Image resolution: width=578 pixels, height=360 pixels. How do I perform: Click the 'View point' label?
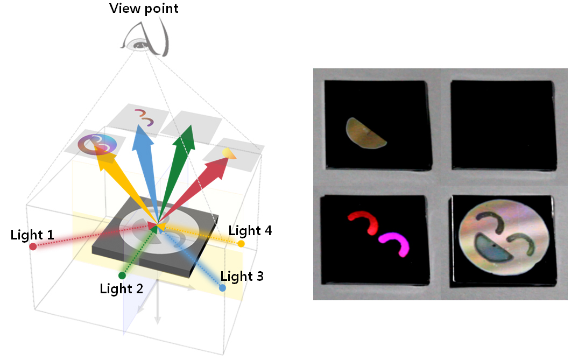[144, 9]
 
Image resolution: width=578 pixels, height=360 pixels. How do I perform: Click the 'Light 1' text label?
[32, 235]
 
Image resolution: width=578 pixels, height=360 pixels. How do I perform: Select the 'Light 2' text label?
[121, 288]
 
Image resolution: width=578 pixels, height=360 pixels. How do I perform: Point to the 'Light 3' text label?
[242, 277]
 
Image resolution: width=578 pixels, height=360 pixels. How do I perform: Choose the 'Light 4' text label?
[250, 231]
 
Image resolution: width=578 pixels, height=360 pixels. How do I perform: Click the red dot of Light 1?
[33, 246]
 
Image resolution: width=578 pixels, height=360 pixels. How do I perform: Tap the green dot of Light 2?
[122, 276]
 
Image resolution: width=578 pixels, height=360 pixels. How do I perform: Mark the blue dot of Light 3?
[222, 288]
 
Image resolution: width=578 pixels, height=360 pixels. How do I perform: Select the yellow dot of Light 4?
[241, 244]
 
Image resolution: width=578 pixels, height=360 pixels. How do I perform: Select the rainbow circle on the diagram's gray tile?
[97, 144]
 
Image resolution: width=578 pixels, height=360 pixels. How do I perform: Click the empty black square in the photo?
[503, 125]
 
